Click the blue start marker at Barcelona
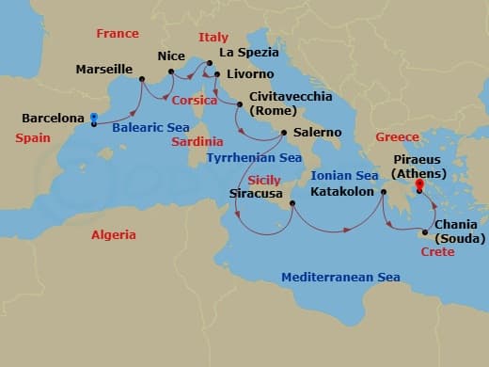click(x=94, y=120)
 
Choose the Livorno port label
click(x=250, y=73)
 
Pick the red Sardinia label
click(x=196, y=142)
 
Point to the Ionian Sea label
click(x=344, y=175)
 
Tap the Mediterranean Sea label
click(x=340, y=277)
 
